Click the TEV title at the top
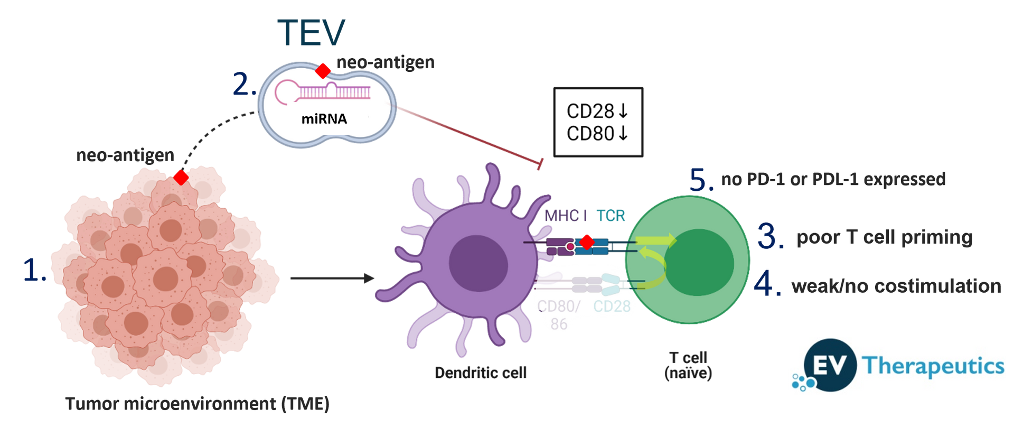click(311, 33)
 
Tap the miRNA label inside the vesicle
click(324, 119)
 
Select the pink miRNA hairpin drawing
click(322, 90)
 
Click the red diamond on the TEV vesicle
click(323, 70)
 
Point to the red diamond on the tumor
click(181, 177)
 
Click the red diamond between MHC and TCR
click(586, 242)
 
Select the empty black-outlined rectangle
click(598, 122)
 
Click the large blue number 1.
click(33, 270)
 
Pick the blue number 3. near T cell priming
click(769, 236)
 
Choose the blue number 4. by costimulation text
click(766, 284)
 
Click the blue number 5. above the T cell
click(701, 180)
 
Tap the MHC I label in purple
click(565, 216)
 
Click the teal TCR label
click(611, 216)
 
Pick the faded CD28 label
click(612, 307)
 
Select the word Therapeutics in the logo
click(933, 365)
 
